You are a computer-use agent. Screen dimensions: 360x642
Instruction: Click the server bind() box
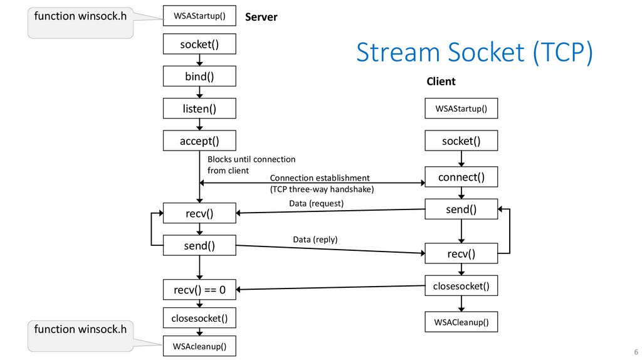coord(199,77)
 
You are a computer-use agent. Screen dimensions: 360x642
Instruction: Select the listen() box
coord(199,109)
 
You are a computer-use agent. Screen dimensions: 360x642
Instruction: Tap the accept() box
coord(199,140)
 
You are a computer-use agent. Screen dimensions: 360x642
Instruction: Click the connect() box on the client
coord(461,177)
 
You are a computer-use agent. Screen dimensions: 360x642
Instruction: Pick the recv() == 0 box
coord(199,290)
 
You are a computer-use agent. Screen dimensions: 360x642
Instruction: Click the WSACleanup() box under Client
coord(461,323)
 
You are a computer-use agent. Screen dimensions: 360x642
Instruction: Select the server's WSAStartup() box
coord(199,14)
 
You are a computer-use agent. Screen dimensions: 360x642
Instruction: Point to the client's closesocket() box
coord(461,287)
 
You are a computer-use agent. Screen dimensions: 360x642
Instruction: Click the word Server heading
coord(261,17)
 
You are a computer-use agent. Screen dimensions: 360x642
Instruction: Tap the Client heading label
coord(441,82)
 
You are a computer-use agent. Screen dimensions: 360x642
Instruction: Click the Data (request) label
coord(317,203)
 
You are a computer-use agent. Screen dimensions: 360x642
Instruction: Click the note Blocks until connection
coord(251,159)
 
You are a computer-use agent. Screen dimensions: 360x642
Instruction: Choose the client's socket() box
coord(461,141)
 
